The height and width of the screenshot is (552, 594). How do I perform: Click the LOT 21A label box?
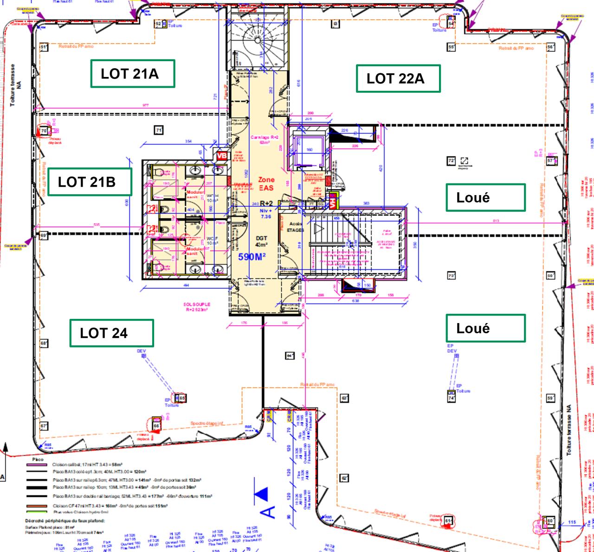(132, 74)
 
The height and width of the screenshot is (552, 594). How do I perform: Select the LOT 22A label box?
(398, 78)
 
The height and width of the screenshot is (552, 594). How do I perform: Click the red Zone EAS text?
(266, 184)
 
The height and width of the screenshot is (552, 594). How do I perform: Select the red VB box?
(222, 156)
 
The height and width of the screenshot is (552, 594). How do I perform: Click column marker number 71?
(159, 130)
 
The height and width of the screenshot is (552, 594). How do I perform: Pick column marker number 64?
(290, 355)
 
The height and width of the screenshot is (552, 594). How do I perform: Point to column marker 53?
(335, 24)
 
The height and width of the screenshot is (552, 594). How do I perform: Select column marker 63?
(344, 398)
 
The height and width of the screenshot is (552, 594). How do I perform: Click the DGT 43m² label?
(261, 241)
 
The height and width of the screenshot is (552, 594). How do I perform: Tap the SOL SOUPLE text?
(197, 307)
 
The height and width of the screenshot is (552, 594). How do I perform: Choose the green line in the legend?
(37, 512)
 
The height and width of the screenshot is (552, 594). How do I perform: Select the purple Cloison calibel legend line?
(37, 464)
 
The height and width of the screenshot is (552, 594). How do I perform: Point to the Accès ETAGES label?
(295, 227)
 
